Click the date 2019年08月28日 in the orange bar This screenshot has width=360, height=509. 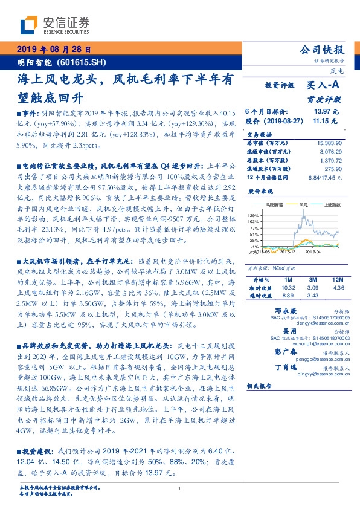coord(53,50)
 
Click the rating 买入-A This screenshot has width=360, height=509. coord(324,86)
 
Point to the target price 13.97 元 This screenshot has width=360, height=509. coord(327,112)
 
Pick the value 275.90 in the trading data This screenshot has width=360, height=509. coord(333,169)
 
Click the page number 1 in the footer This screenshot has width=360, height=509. coord(180,488)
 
